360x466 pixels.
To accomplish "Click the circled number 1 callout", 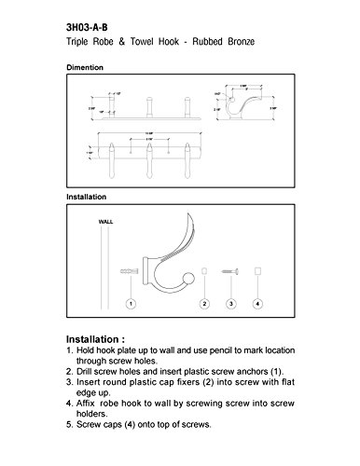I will point(132,304).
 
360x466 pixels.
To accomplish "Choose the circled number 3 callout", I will point(231,304).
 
